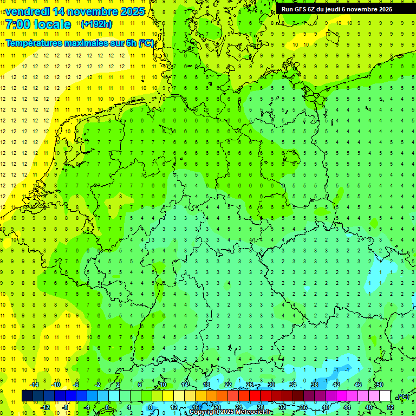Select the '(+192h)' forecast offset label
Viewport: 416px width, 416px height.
(97, 24)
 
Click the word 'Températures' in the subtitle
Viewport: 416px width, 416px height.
(32, 43)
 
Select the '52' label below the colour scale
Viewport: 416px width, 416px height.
(390, 407)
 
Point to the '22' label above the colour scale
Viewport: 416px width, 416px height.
(228, 385)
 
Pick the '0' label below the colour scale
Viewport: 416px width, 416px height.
(107, 407)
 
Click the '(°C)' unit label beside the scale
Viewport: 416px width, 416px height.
(402, 396)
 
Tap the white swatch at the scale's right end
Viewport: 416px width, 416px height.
(385, 396)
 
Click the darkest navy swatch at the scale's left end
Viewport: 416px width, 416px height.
(27, 396)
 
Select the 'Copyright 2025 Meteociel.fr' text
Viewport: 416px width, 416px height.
(231, 412)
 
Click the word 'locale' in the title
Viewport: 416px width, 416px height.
(54, 24)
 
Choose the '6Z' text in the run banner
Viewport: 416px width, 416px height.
(314, 9)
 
